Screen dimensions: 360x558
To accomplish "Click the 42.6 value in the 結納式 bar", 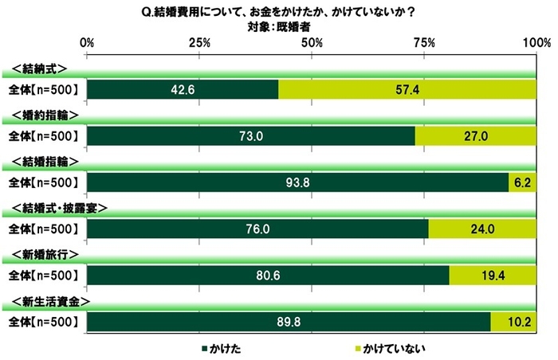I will pos(183,90).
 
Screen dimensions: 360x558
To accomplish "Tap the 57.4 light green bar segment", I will pos(407,90).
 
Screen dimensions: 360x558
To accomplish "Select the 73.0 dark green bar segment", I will pos(251,136).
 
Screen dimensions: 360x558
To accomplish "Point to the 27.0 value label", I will pos(475,136).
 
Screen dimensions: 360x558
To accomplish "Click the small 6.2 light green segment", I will pos(522,182).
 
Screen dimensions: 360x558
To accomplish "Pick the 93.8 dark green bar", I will pos(297,182).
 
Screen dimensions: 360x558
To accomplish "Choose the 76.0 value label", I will pos(257,229).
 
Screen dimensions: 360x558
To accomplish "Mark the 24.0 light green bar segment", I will pos(481,229).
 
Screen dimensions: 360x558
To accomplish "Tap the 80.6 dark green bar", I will pos(267,275).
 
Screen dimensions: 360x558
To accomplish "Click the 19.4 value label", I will pos(492,275).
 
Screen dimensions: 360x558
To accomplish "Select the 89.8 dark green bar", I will pos(289,321).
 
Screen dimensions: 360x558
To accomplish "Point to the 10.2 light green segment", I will pos(513,321).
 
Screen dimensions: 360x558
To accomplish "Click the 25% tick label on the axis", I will pos(200,41).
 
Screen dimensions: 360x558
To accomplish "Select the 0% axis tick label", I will pos(88,41).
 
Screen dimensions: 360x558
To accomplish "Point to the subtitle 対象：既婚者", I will pos(279,25).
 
